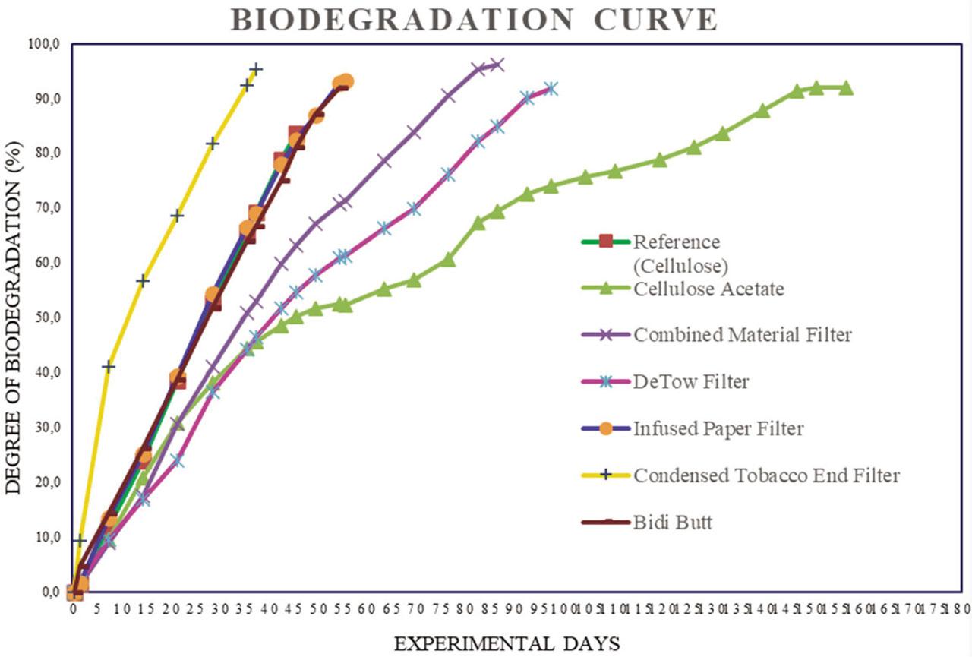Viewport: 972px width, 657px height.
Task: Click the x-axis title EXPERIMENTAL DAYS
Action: click(x=507, y=643)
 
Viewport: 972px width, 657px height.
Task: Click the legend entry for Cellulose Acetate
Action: click(x=708, y=289)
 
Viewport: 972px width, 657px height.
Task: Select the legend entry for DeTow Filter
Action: click(x=690, y=381)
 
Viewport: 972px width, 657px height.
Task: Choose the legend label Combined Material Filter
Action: click(x=743, y=334)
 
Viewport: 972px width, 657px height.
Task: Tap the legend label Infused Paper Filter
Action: click(x=718, y=428)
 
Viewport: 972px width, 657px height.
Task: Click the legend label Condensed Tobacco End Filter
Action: click(x=766, y=475)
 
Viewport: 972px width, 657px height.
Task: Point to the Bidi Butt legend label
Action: click(x=672, y=523)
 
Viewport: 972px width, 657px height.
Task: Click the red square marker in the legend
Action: click(x=606, y=242)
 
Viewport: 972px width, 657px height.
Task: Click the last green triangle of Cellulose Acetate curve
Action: click(x=846, y=88)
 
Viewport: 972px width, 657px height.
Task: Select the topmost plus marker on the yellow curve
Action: click(x=257, y=69)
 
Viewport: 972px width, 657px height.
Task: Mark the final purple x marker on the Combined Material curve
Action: click(x=497, y=65)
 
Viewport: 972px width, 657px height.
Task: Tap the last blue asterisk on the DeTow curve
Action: click(x=551, y=89)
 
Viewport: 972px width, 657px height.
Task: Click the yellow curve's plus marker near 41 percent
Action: click(x=109, y=366)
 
